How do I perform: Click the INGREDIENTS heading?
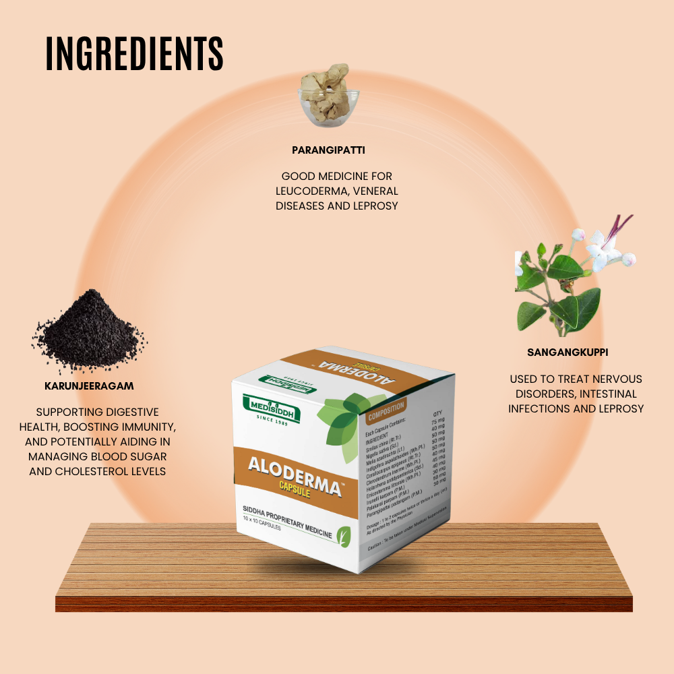click(x=135, y=53)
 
